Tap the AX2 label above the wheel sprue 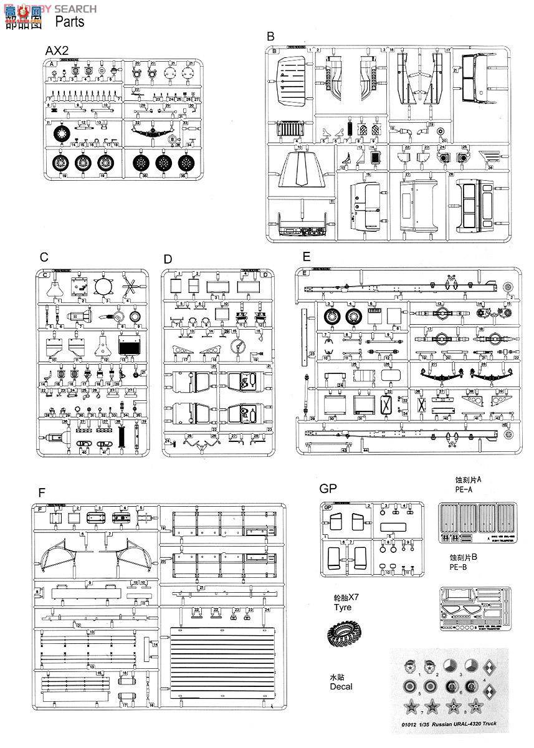coord(57,50)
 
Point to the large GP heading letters coord(328,490)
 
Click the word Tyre coord(342,607)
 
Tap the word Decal coord(341,686)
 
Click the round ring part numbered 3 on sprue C coord(105,287)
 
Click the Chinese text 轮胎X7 coord(342,597)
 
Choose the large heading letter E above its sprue coord(305,257)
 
